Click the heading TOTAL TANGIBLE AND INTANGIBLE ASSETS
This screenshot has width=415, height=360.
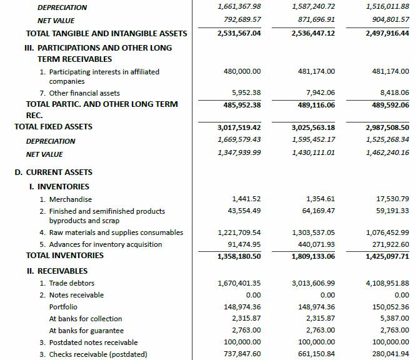(106, 33)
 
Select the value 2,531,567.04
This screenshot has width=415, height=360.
(239, 33)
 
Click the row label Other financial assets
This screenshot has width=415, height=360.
(84, 93)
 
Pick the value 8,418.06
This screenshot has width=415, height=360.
(392, 93)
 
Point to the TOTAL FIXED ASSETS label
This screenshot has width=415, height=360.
(53, 127)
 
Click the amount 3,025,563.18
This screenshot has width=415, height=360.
(313, 127)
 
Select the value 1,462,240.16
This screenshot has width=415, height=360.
(387, 154)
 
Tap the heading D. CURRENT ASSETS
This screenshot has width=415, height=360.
(54, 172)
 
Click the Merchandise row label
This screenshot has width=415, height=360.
(71, 199)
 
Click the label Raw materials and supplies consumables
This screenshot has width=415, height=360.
(116, 232)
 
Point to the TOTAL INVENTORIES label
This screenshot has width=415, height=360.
(65, 256)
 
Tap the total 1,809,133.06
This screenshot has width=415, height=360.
(313, 256)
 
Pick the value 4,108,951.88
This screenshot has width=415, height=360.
(387, 283)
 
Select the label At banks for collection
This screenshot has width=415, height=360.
(86, 319)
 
